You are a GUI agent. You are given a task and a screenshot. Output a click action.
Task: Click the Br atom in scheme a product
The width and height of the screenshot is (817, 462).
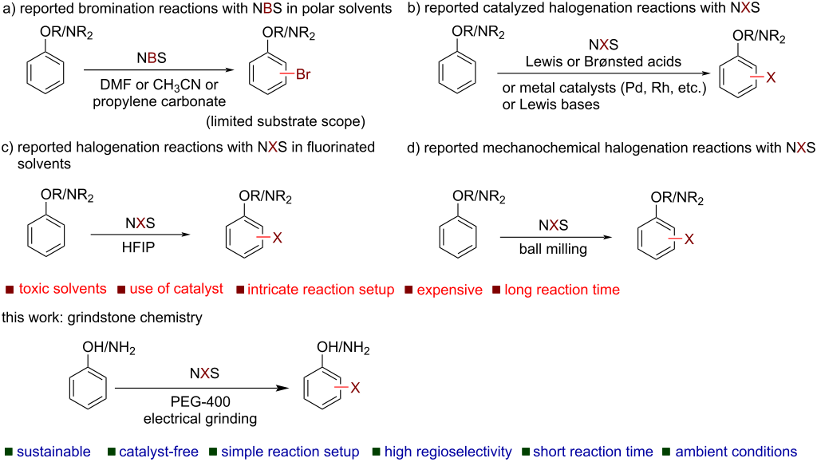pyautogui.click(x=306, y=76)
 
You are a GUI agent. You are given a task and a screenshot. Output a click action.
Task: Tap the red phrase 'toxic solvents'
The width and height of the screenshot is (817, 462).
pyautogui.click(x=62, y=289)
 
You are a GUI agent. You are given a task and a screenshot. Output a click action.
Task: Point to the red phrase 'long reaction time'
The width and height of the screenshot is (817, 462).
pyautogui.click(x=562, y=289)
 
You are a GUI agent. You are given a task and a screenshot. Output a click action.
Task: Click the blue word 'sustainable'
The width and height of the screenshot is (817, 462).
pyautogui.click(x=53, y=452)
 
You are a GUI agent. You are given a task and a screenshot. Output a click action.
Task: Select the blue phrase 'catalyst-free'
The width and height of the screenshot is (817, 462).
pyautogui.click(x=159, y=452)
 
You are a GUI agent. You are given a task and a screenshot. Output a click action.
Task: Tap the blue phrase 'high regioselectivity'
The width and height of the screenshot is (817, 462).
pyautogui.click(x=448, y=452)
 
